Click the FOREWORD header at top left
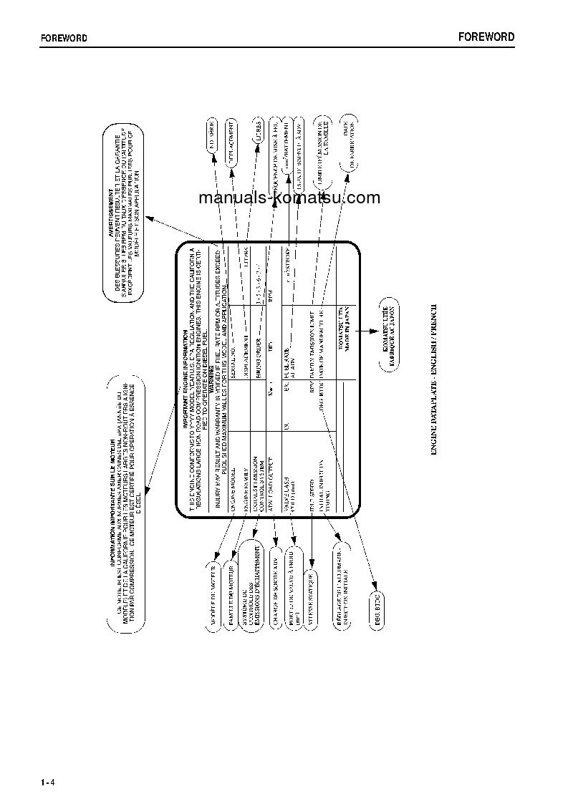[63, 39]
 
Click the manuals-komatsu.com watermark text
[289, 198]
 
